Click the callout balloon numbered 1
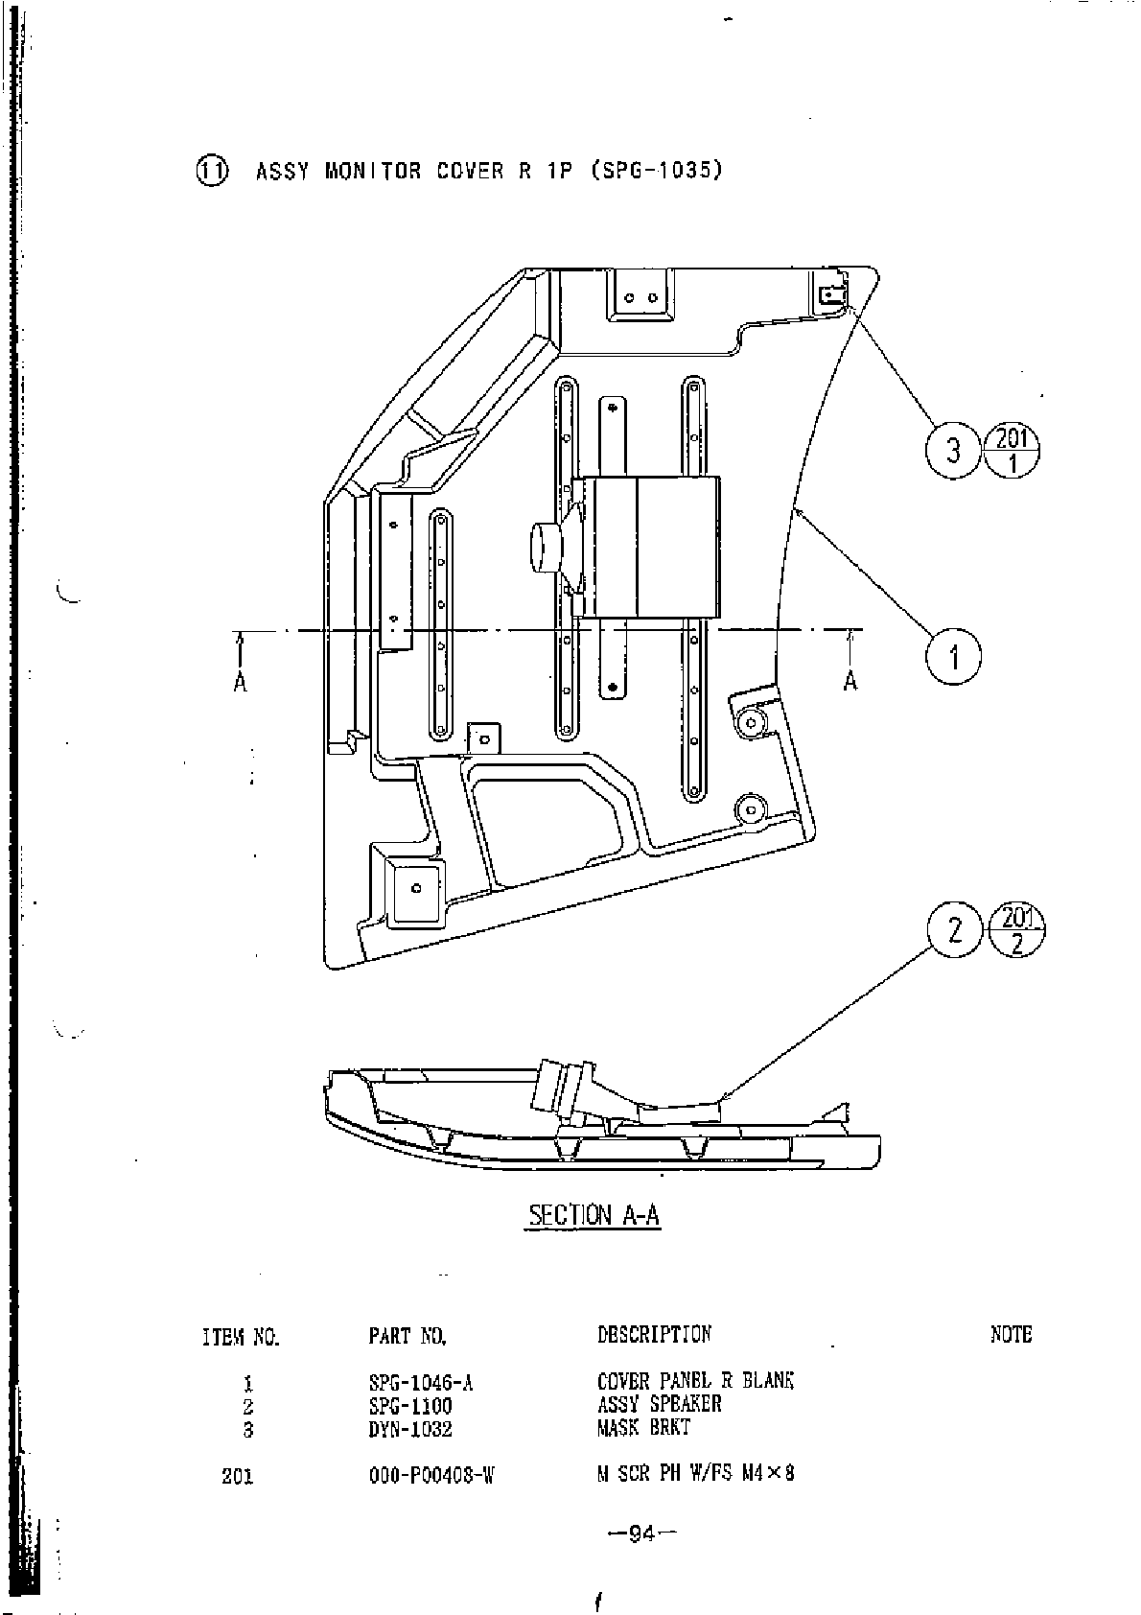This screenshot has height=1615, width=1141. (x=953, y=658)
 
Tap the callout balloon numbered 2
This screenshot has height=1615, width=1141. (x=954, y=930)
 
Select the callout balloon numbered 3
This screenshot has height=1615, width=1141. (x=953, y=450)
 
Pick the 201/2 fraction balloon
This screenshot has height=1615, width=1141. (x=1016, y=930)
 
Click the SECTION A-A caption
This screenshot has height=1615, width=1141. (x=594, y=1215)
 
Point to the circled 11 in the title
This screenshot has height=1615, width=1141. (x=212, y=171)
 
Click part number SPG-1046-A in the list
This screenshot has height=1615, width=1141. (x=421, y=1383)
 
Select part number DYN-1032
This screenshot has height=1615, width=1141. (x=409, y=1429)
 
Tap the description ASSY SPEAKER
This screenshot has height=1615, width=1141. (x=659, y=1405)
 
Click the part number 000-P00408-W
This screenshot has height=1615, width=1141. (x=431, y=1476)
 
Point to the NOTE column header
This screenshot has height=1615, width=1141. (x=1011, y=1334)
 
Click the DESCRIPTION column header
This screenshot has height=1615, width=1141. (x=654, y=1334)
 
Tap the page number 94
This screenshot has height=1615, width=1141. (x=641, y=1534)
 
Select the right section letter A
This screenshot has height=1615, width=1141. (x=850, y=681)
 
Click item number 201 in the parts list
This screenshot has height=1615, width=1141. (x=237, y=1476)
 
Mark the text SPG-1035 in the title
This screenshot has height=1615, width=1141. (x=656, y=171)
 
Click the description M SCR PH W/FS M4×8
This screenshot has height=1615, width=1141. (x=695, y=1474)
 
